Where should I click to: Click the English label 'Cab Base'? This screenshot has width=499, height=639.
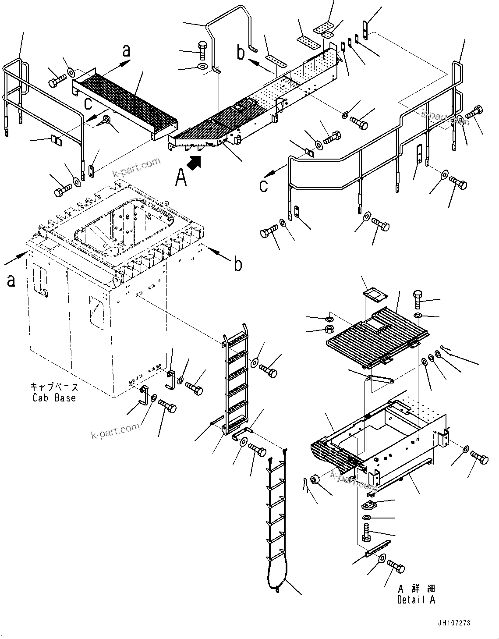coord(54,398)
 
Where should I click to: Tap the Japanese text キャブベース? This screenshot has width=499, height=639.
coord(54,387)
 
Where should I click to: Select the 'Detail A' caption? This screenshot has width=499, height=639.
coord(416,600)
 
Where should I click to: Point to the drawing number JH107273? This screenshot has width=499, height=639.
coord(453,623)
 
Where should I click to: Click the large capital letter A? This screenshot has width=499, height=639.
coord(180,177)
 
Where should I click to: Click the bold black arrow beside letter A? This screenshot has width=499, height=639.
coord(194,163)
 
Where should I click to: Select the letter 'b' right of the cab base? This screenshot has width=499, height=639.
coord(237,264)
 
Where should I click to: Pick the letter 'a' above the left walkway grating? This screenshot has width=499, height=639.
coord(126,51)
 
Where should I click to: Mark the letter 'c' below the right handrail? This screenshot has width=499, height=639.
coord(263,185)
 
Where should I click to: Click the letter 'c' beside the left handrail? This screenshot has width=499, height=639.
coord(88,103)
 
